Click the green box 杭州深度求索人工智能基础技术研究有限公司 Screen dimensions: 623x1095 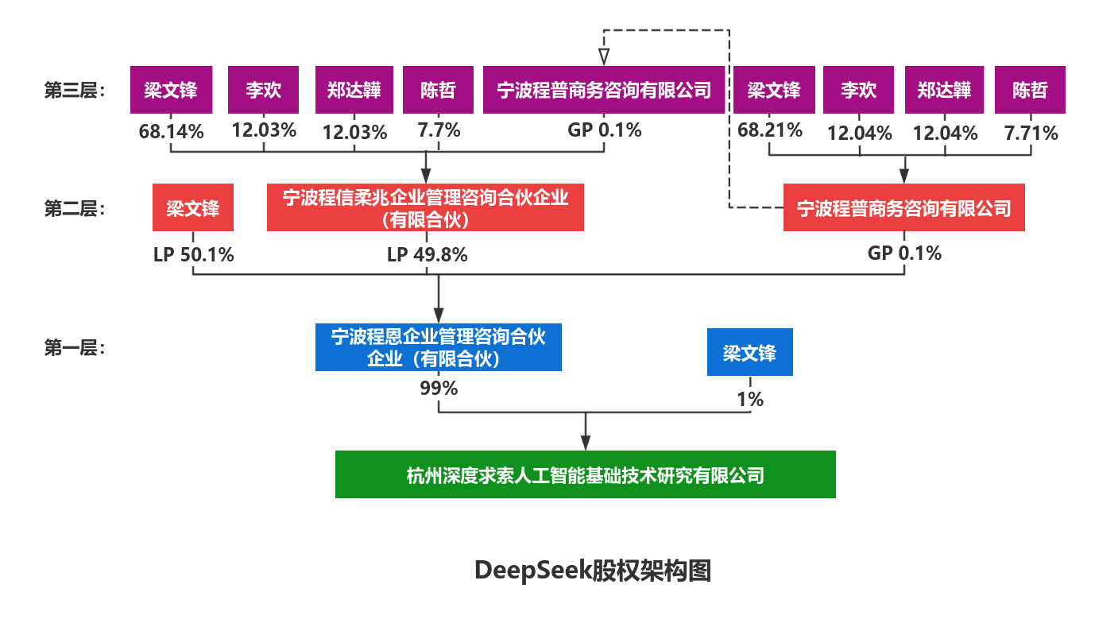pos(585,474)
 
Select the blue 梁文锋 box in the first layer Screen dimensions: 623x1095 pos(749,352)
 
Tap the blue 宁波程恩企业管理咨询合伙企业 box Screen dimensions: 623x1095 pos(438,347)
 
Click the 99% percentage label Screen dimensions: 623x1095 pos(439,388)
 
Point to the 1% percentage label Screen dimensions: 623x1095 pos(749,398)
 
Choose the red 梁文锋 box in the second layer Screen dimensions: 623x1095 pos(192,207)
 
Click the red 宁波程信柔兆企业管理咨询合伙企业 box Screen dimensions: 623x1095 pos(425,207)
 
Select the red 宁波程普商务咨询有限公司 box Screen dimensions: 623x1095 pos(903,207)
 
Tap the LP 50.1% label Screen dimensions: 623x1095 pos(194,254)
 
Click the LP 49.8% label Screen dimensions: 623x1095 pos(427,254)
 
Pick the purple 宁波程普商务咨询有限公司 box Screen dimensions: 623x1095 pos(604,90)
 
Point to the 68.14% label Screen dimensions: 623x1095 pos(171,131)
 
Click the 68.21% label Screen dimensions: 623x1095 pos(770,130)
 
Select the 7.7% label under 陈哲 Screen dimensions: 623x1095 pos(439,130)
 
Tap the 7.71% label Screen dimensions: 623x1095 pos(1031,133)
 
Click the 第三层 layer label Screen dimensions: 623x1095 pos(79,90)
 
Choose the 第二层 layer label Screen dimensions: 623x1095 pos(79,207)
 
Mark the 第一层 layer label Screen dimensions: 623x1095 pos(79,347)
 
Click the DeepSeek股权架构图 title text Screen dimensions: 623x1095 pos(592,571)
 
